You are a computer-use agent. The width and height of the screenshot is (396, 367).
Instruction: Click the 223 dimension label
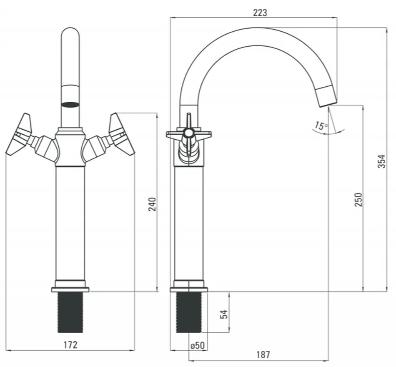[260, 13]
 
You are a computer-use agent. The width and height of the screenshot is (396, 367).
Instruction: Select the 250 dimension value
[358, 200]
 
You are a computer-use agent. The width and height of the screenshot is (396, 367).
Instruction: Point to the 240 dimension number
[152, 204]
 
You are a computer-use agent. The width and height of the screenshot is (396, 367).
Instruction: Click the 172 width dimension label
[70, 345]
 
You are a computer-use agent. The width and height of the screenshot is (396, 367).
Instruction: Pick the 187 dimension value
[263, 355]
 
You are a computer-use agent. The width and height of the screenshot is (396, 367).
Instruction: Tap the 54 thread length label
[224, 314]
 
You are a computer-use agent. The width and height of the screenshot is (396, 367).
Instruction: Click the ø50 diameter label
[198, 345]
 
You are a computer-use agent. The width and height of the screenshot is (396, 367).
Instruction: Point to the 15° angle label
[321, 126]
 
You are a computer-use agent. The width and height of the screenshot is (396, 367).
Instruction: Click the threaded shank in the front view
[70, 312]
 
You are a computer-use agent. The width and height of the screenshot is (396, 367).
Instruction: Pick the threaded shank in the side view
[189, 312]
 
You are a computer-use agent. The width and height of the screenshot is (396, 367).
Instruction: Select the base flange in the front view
[70, 290]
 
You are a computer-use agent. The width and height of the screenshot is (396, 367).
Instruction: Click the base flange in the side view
[189, 290]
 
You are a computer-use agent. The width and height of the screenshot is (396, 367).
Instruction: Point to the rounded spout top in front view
[70, 35]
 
